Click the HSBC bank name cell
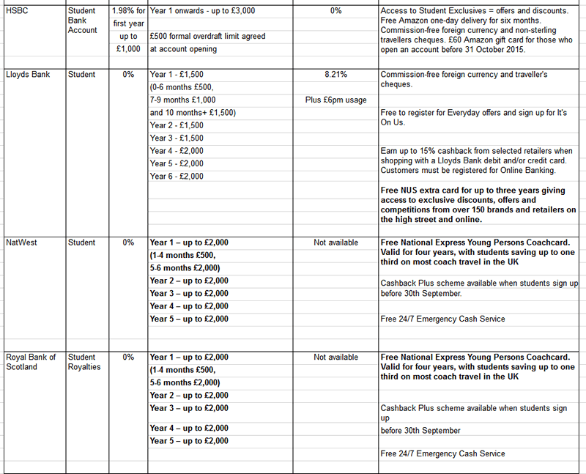pyautogui.click(x=18, y=11)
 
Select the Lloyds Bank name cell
pyautogui.click(x=27, y=75)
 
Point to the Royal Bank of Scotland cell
pyautogui.click(x=30, y=363)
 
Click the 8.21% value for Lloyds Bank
pyautogui.click(x=335, y=75)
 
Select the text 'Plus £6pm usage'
pyautogui.click(x=335, y=100)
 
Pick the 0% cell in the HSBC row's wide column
pyautogui.click(x=335, y=11)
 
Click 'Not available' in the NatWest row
pyautogui.click(x=335, y=242)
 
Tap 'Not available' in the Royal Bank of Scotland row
pyautogui.click(x=335, y=358)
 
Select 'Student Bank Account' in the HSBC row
pyautogui.click(x=82, y=21)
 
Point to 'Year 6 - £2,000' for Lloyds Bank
pyautogui.click(x=177, y=176)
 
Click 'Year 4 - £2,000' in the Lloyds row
pyautogui.click(x=177, y=150)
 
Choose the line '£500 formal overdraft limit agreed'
pyautogui.click(x=207, y=37)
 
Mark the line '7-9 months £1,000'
pyautogui.click(x=182, y=100)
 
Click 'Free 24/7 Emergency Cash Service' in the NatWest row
pyautogui.click(x=442, y=319)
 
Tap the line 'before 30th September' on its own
pyautogui.click(x=421, y=430)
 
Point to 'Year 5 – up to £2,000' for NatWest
pyautogui.click(x=189, y=319)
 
